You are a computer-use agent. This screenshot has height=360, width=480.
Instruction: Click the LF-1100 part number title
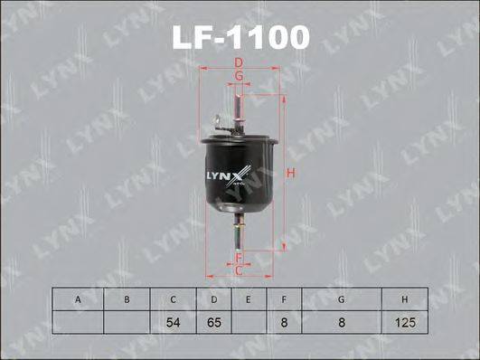pyautogui.click(x=240, y=37)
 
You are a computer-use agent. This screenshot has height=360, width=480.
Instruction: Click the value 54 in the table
pyautogui.click(x=172, y=320)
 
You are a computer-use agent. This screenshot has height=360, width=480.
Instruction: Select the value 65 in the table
pyautogui.click(x=214, y=320)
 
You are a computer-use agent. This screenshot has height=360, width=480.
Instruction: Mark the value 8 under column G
pyautogui.click(x=342, y=320)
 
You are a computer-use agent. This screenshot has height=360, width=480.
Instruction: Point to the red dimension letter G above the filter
pyautogui.click(x=239, y=78)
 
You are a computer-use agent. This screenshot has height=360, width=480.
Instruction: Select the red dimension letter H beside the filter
pyautogui.click(x=291, y=173)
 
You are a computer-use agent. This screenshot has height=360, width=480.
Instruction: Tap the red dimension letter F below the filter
pyautogui.click(x=239, y=256)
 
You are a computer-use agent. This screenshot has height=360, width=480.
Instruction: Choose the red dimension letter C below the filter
pyautogui.click(x=239, y=270)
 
